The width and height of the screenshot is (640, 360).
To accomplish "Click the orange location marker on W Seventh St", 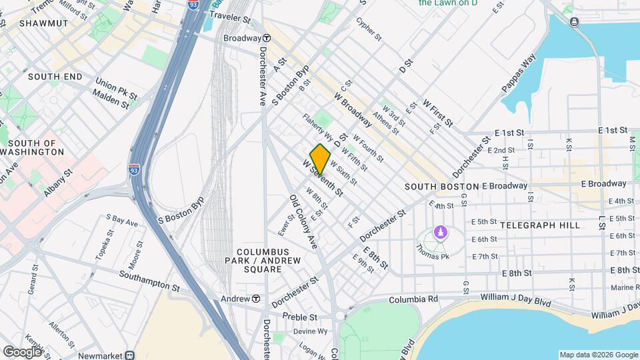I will [x=321, y=159].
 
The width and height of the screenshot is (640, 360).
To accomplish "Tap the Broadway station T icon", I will [x=267, y=38].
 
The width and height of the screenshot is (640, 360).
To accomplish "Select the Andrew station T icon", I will [x=255, y=299].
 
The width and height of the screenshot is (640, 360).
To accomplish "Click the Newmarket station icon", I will [x=131, y=355].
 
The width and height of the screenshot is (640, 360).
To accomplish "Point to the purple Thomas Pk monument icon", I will [x=439, y=232].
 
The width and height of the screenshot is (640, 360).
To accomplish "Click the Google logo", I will [x=22, y=351].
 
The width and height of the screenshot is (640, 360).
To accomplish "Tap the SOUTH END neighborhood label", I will [x=55, y=77].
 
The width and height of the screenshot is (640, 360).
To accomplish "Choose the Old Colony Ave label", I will [x=303, y=222].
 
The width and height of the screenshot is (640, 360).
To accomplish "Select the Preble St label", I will [x=297, y=316].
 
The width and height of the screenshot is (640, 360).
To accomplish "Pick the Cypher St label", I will [x=368, y=29].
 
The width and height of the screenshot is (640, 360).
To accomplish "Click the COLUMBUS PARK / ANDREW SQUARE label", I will [x=262, y=264].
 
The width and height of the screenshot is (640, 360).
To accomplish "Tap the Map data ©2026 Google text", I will [x=598, y=355].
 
